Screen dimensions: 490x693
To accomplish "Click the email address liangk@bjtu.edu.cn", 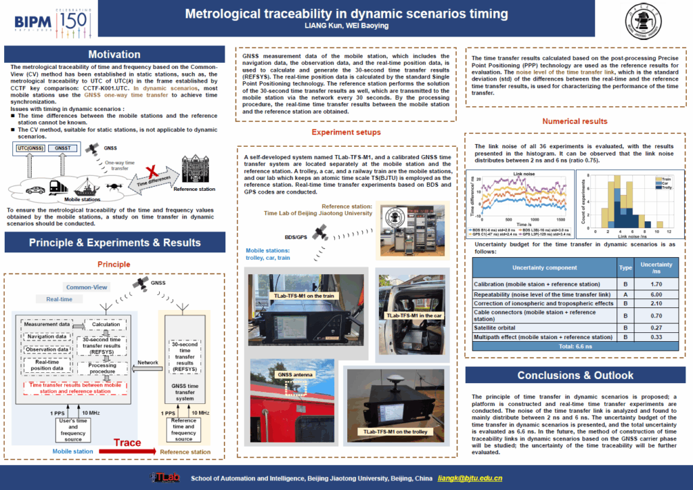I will coord(470,478).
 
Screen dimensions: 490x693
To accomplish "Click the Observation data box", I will coord(46,349).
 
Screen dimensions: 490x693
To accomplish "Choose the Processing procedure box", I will coord(102,369).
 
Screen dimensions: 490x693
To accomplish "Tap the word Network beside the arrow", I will coord(148,362).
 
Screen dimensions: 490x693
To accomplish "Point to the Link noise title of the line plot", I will coord(523,174).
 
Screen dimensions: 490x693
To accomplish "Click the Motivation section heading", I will coord(114,55).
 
